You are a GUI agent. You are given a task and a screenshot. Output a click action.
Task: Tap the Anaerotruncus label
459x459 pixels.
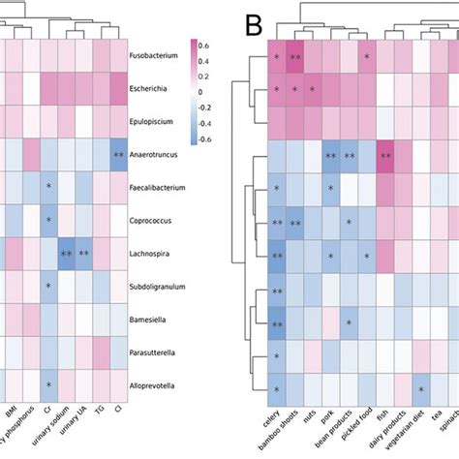(x=157, y=155)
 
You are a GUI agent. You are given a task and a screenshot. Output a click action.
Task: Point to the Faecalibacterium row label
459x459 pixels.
(x=161, y=187)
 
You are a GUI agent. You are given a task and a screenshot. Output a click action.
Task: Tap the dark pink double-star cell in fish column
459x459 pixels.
(x=385, y=156)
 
